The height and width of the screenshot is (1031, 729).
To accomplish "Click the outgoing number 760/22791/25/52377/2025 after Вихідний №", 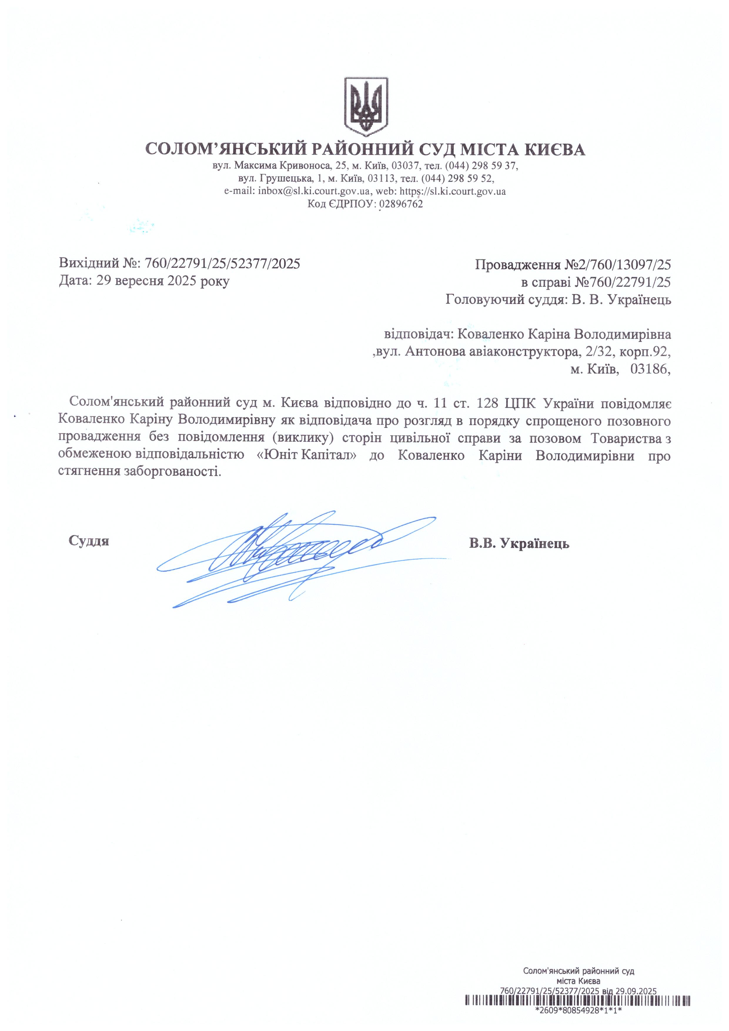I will (223, 264).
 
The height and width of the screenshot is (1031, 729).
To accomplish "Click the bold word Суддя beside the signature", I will (89, 541).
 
